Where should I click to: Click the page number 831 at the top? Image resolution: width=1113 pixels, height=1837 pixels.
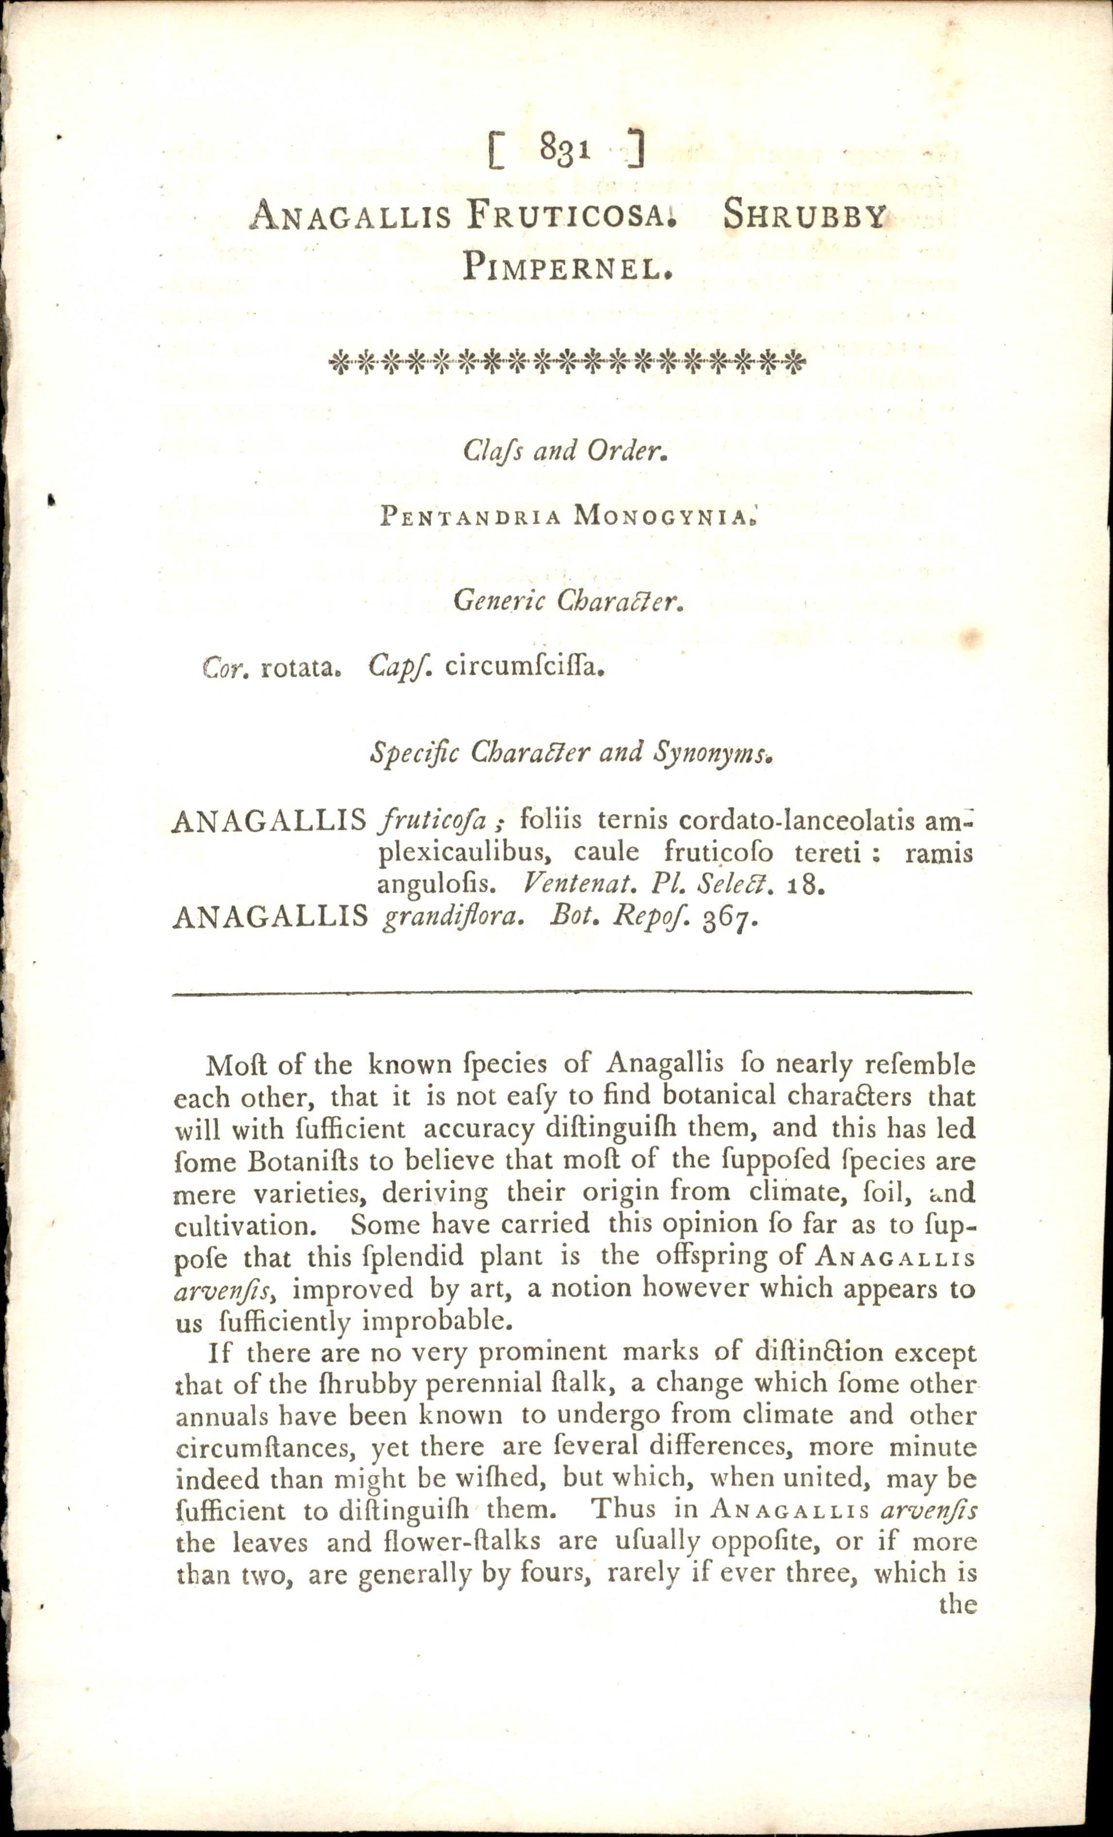(566, 148)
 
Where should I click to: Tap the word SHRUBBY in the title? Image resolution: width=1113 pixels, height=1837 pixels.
(804, 216)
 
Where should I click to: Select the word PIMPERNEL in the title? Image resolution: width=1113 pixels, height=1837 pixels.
(567, 266)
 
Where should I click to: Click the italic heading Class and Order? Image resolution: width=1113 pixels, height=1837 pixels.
(565, 450)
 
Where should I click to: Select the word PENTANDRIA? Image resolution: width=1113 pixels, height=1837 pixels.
(470, 516)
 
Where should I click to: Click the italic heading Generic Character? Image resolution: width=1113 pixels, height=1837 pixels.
(568, 600)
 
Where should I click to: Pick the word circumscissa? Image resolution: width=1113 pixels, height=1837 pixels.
(524, 666)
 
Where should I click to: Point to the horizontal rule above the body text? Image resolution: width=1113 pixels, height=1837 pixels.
(572, 993)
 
